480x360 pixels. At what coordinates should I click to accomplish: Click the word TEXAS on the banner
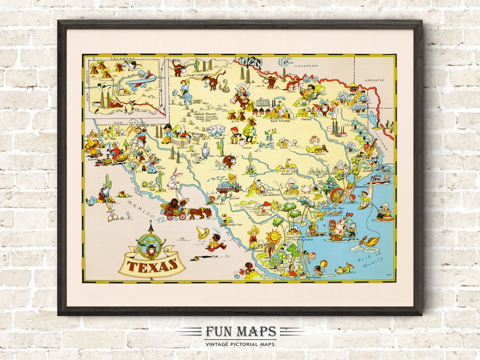pyautogui.click(x=152, y=265)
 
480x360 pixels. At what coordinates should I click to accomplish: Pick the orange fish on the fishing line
pyautogui.click(x=371, y=240)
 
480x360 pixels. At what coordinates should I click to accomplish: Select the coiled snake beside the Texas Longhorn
pyautogui.click(x=226, y=86)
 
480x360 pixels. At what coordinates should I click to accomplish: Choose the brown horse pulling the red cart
pyautogui.click(x=198, y=212)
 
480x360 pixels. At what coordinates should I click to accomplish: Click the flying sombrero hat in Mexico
pyautogui.click(x=203, y=232)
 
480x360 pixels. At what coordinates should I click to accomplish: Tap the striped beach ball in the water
pyautogui.click(x=323, y=263)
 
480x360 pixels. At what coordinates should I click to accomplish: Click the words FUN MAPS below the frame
pyautogui.click(x=240, y=332)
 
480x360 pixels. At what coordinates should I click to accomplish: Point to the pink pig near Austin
pyautogui.click(x=306, y=189)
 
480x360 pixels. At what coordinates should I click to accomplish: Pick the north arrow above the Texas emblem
pyautogui.click(x=151, y=228)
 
